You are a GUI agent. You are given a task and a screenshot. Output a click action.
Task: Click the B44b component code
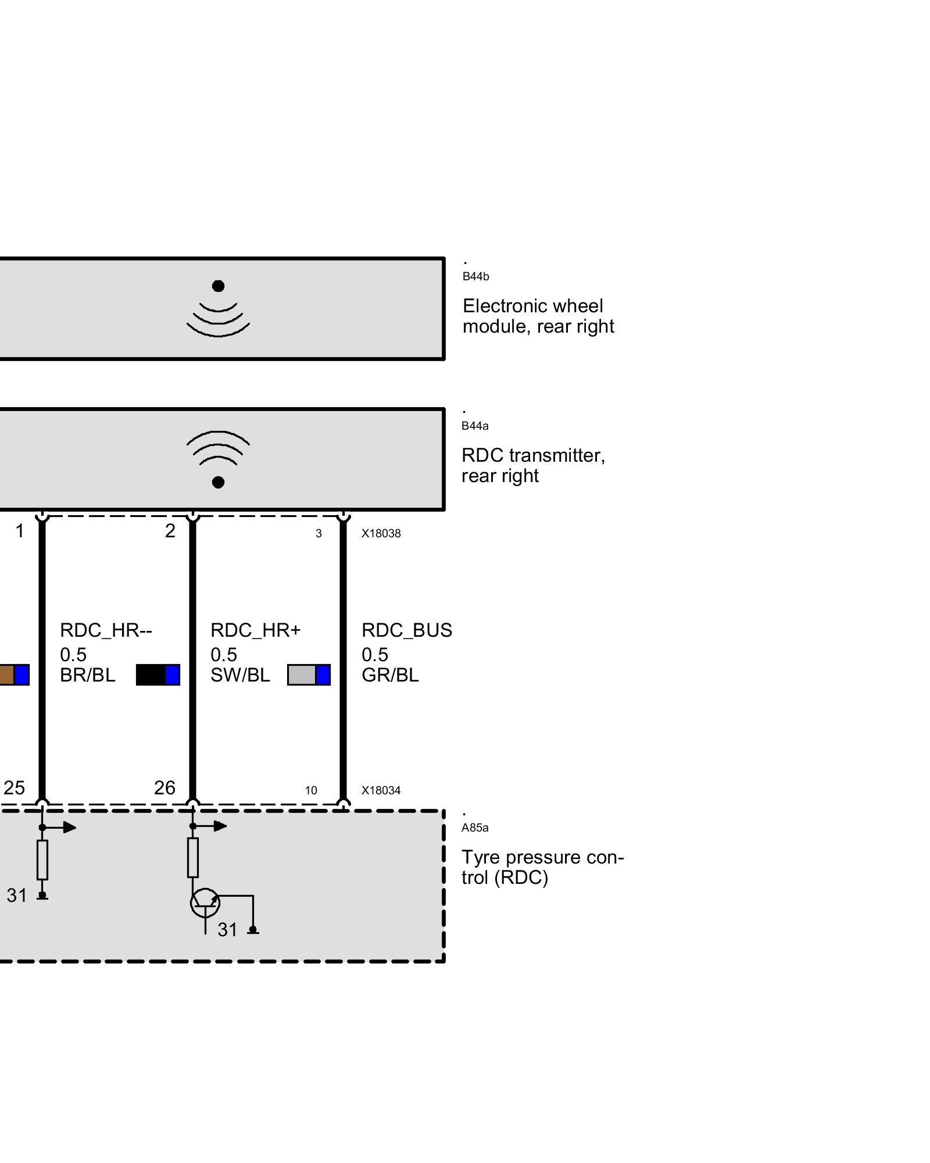pyautogui.click(x=475, y=277)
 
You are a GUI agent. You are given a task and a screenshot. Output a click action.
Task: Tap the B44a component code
pyautogui.click(x=475, y=426)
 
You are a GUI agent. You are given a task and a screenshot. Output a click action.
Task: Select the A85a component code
pyautogui.click(x=475, y=827)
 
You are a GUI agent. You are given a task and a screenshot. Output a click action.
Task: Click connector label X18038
pyautogui.click(x=381, y=534)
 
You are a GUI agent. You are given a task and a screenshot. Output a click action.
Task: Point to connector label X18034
pyautogui.click(x=381, y=790)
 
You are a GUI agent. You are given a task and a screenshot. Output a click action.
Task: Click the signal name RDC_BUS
pyautogui.click(x=406, y=630)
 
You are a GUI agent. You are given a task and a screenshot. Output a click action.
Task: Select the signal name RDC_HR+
pyautogui.click(x=255, y=630)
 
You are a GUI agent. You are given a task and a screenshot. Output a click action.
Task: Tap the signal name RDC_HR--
pyautogui.click(x=106, y=630)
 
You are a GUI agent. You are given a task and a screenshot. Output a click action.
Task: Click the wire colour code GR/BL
pyautogui.click(x=390, y=675)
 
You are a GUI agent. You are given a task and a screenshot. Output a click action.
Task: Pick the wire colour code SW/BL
pyautogui.click(x=240, y=675)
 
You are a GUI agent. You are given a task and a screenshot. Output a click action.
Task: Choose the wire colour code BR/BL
pyautogui.click(x=88, y=675)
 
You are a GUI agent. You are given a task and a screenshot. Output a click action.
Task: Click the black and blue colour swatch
pyautogui.click(x=158, y=675)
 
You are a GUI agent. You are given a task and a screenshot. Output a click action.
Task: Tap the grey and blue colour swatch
pyautogui.click(x=309, y=675)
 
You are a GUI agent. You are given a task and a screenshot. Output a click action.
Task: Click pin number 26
pyautogui.click(x=164, y=788)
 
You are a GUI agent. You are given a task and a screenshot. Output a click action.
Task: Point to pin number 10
pyautogui.click(x=311, y=791)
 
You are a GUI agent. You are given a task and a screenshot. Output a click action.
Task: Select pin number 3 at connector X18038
pyautogui.click(x=319, y=534)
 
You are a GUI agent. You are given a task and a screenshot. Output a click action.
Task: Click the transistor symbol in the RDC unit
pyautogui.click(x=205, y=903)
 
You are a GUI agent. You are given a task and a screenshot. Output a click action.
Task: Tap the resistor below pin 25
pyautogui.click(x=42, y=859)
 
